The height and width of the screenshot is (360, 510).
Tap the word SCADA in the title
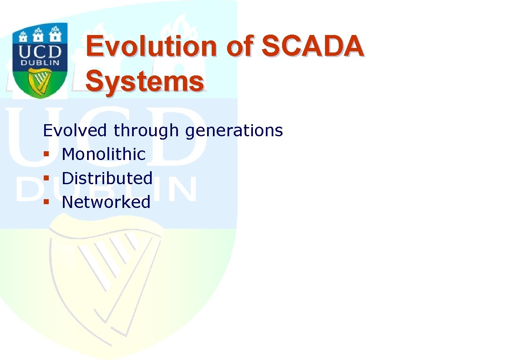pyautogui.click(x=313, y=46)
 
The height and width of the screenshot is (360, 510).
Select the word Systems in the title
pyautogui.click(x=145, y=81)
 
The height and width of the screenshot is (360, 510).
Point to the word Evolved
pyautogui.click(x=75, y=130)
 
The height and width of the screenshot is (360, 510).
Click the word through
pyautogui.click(x=146, y=131)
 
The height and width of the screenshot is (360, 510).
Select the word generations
pyautogui.click(x=234, y=131)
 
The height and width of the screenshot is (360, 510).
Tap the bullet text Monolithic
pyautogui.click(x=104, y=154)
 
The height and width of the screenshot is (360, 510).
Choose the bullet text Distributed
pyautogui.click(x=107, y=178)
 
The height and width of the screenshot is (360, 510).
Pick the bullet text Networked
pyautogui.click(x=106, y=202)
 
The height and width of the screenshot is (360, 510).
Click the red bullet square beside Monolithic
pyautogui.click(x=46, y=154)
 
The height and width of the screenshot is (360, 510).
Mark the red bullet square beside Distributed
pyautogui.click(x=46, y=178)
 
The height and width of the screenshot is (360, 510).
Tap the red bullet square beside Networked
pyautogui.click(x=46, y=202)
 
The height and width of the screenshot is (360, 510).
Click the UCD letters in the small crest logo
pyautogui.click(x=40, y=52)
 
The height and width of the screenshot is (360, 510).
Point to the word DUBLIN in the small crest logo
pyautogui.click(x=40, y=62)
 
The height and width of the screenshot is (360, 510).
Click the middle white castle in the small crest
pyautogui.click(x=38, y=35)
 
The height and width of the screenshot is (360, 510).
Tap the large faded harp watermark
pyautogui.click(x=105, y=280)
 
